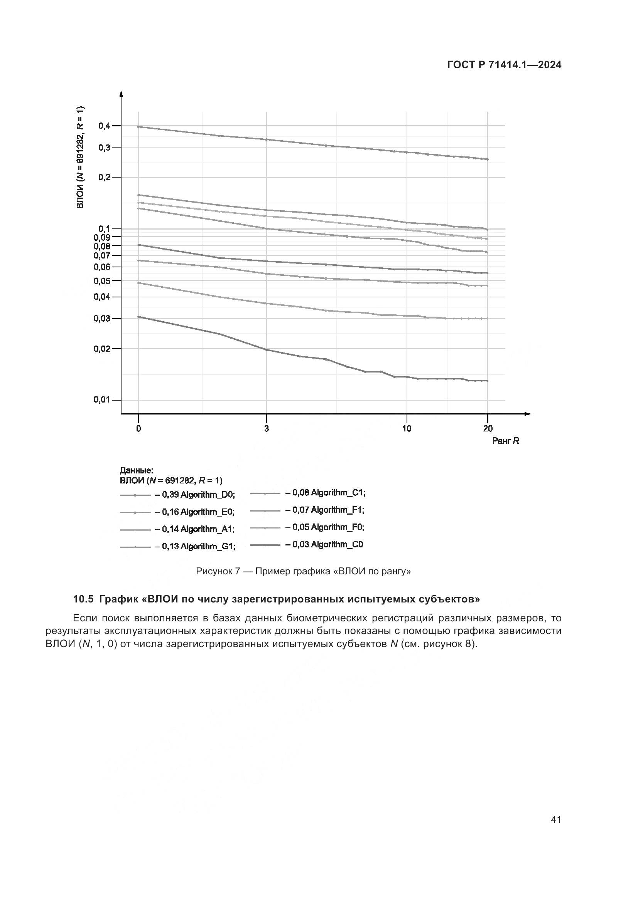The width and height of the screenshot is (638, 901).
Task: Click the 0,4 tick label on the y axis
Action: click(104, 126)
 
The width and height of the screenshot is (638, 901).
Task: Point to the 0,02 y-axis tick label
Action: click(102, 349)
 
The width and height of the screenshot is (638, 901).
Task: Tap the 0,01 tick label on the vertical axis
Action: click(102, 400)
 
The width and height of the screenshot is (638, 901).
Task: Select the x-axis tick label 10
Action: click(407, 428)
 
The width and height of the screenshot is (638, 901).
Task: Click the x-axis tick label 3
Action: click(267, 428)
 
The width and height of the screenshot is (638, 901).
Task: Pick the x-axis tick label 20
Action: click(488, 428)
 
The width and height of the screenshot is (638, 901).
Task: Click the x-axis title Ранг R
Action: click(506, 441)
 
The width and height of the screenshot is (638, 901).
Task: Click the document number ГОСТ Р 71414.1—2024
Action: click(504, 65)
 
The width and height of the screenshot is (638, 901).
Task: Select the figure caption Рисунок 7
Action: click(218, 571)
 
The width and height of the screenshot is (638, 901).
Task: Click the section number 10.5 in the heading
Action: click(83, 599)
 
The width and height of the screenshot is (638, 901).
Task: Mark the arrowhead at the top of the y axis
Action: click(121, 94)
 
